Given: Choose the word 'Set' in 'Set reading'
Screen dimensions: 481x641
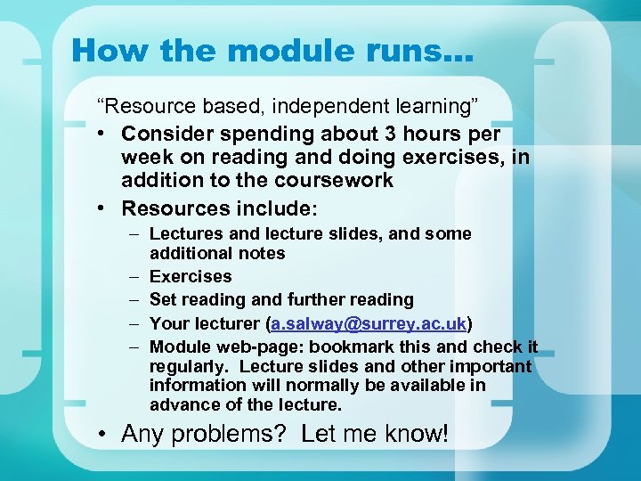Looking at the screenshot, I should click(x=163, y=299).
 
